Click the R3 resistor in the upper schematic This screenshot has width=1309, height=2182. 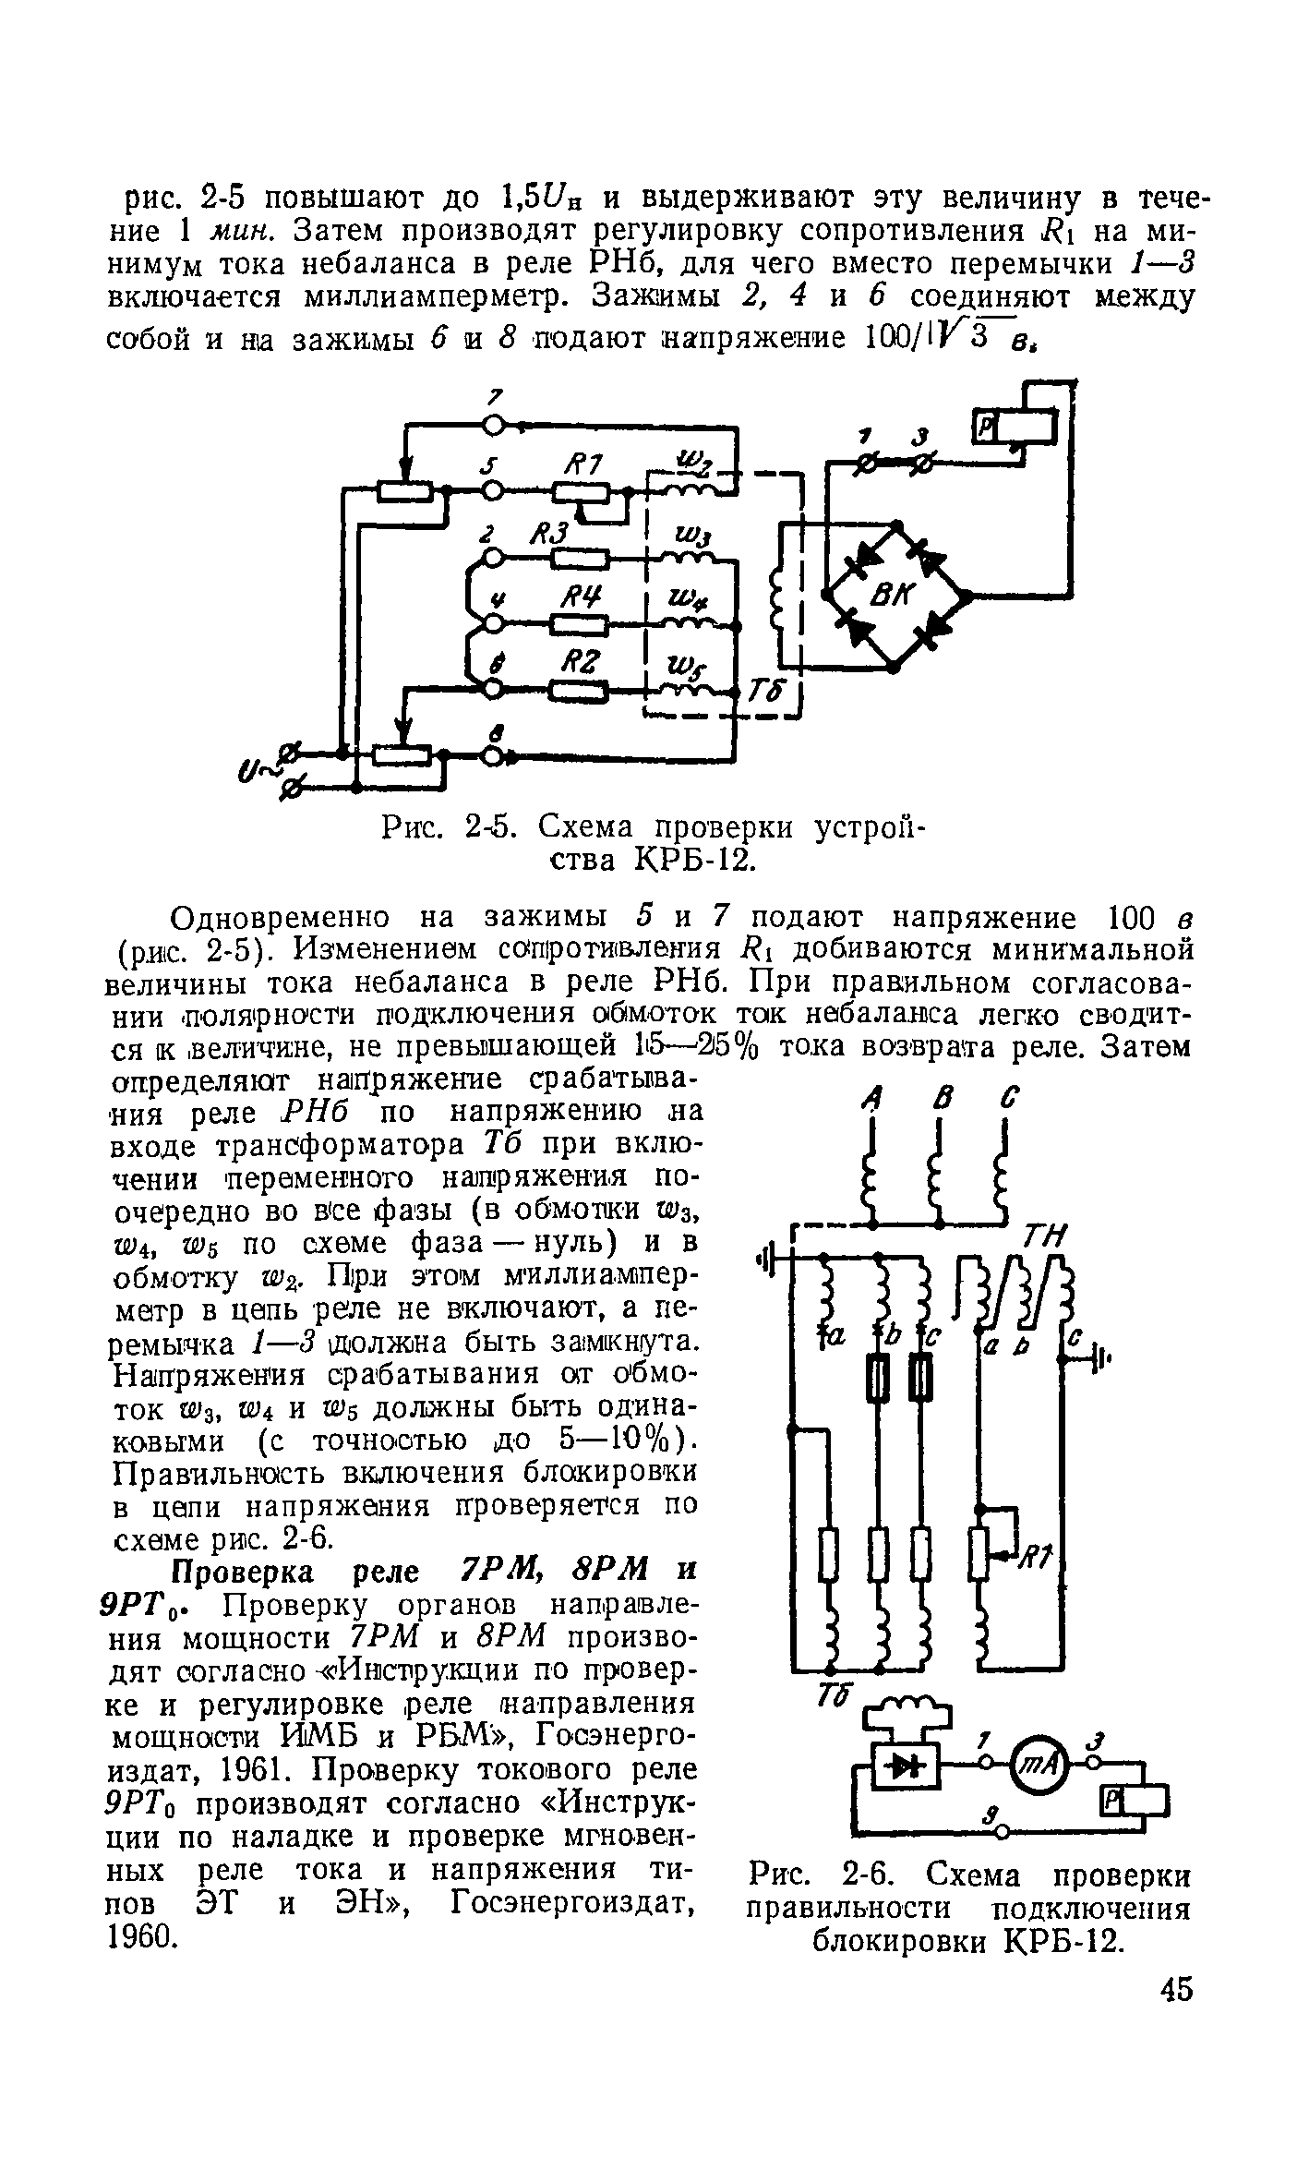pos(580,559)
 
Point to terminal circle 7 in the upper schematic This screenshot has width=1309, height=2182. pos(496,425)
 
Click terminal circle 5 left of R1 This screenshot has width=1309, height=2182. pos(496,490)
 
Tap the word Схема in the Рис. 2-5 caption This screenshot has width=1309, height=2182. pos(589,826)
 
